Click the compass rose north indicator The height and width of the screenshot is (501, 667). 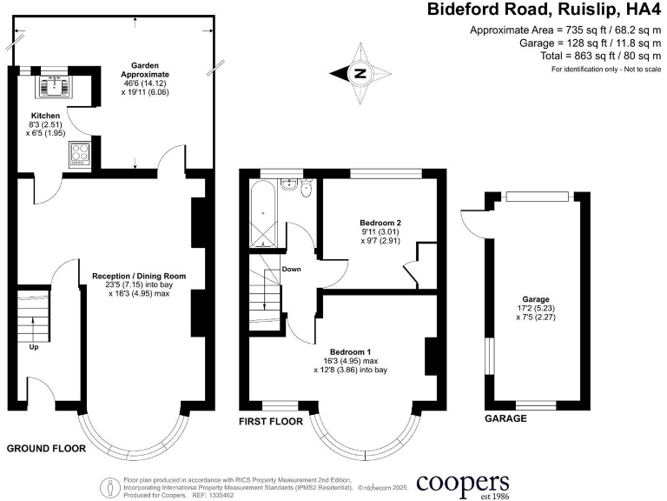point(358,74)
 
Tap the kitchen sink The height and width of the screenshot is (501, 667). point(51,84)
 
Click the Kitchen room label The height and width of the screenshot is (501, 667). point(45,116)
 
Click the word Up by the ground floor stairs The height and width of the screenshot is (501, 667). point(34,346)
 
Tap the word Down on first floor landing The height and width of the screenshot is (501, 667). point(291,269)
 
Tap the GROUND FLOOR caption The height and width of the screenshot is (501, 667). point(46,449)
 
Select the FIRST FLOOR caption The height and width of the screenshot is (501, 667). point(271,422)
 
